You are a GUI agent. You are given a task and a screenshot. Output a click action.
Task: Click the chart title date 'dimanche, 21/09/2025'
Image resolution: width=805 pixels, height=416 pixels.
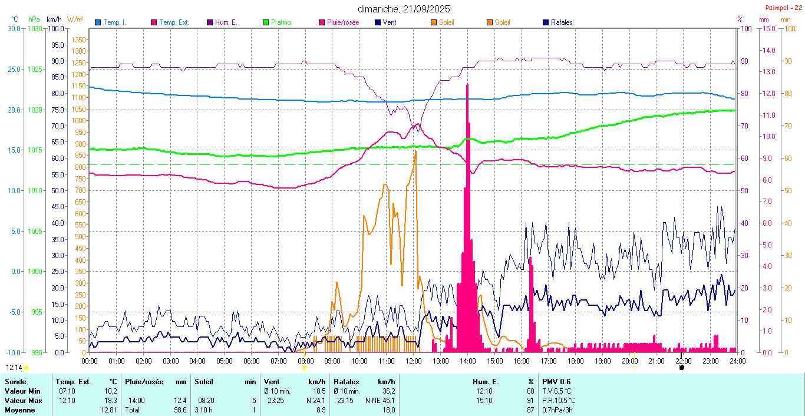coord(402,9)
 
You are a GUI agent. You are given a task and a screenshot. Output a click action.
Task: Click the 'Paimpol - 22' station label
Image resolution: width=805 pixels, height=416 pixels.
coord(783,8)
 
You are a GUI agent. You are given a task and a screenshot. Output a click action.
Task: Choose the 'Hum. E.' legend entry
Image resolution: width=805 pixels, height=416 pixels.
coord(226,22)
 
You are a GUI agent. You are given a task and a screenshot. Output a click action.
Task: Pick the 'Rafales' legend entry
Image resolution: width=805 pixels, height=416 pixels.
coord(561,22)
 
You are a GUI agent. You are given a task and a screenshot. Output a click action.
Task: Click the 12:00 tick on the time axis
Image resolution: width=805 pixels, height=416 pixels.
coord(413,361)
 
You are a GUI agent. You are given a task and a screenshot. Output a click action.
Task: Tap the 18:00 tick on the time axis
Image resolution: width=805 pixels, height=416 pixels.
coord(575,361)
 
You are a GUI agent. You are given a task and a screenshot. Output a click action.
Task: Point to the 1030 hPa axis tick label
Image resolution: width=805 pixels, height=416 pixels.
coord(35,29)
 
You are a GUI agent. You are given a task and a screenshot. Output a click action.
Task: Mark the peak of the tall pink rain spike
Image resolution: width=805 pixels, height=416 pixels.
coord(467,85)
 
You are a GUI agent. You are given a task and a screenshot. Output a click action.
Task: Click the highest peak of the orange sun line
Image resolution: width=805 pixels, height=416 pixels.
coord(415,151)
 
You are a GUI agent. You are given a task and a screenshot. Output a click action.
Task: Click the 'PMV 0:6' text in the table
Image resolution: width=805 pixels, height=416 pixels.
coord(556,382)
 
